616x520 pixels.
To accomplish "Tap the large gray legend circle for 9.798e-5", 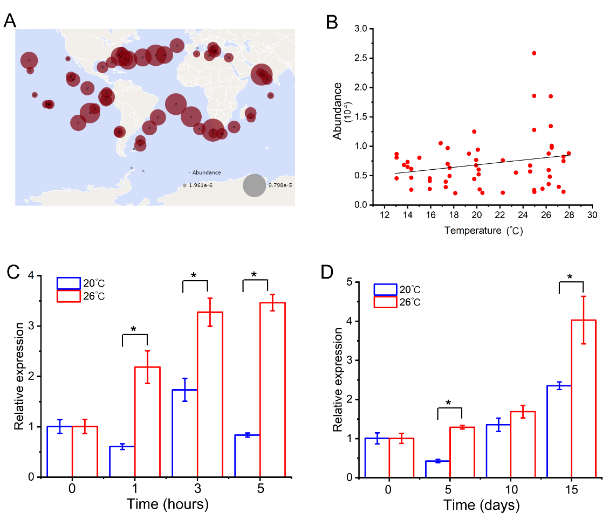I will [255, 185].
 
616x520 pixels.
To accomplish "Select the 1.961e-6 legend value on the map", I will [200, 185].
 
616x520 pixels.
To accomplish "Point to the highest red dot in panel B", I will [534, 53].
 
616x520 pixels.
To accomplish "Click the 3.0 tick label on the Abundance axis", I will [361, 28].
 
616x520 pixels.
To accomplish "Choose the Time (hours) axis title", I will [168, 505].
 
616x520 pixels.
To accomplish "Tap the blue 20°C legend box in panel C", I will [69, 283].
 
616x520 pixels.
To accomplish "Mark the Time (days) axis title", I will [482, 505].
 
